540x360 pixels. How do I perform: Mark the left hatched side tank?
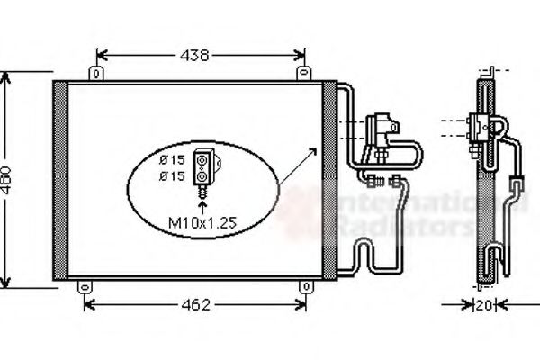pyautogui.click(x=60, y=180)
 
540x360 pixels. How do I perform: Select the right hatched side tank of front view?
pyautogui.click(x=329, y=180)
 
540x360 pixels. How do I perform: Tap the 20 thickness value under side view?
pyautogui.click(x=484, y=304)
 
